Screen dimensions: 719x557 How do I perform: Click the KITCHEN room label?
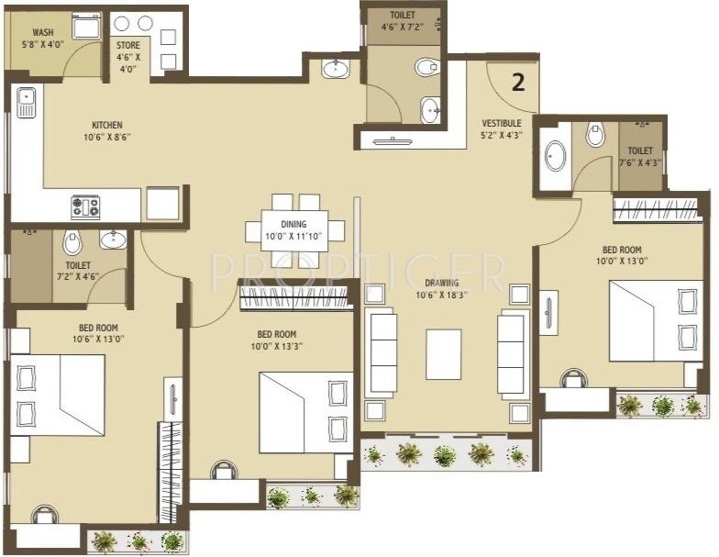point(107,125)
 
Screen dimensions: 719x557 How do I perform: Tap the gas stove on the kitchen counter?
point(85,206)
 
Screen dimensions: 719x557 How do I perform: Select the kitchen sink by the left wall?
point(27,103)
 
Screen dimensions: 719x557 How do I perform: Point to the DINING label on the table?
point(293,224)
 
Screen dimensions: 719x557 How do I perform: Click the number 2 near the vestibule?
point(518,83)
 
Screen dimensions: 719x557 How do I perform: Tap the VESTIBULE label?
point(502,123)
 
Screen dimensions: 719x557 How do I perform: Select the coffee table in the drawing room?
point(444,354)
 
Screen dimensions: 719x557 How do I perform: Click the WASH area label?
point(43,33)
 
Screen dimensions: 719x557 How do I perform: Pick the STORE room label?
point(128,46)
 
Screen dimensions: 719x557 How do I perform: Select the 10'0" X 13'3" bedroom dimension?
point(277,347)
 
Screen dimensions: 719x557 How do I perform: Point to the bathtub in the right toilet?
point(556,156)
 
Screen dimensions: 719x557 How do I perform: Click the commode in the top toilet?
point(427,68)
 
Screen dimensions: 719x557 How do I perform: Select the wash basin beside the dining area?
point(336,70)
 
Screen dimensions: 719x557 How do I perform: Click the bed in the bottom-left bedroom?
point(58,395)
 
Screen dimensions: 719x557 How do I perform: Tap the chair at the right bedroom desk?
point(574,378)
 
